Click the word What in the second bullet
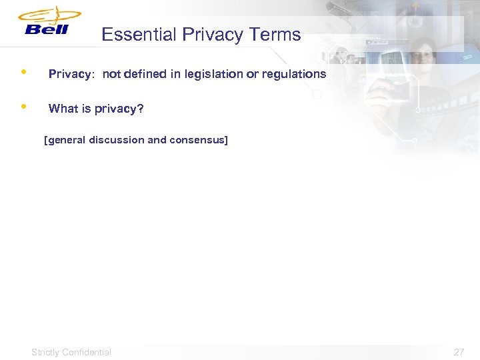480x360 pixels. [x=63, y=109]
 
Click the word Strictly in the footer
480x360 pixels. [x=45, y=352]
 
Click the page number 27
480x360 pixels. [x=459, y=352]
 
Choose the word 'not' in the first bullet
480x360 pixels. [x=111, y=74]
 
